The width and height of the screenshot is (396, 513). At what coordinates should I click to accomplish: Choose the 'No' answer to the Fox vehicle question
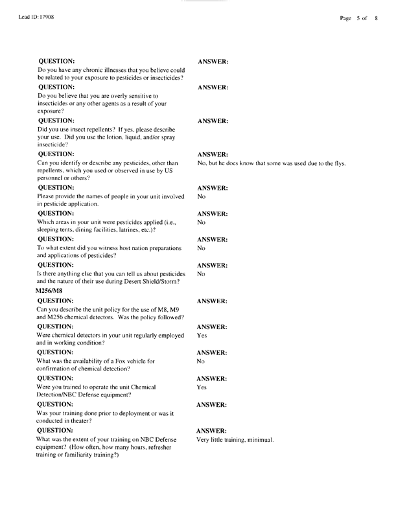click(x=202, y=365)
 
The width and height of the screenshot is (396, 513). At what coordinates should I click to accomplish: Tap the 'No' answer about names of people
click(x=202, y=196)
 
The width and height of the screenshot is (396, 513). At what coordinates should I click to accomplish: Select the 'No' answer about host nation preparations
click(x=202, y=249)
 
